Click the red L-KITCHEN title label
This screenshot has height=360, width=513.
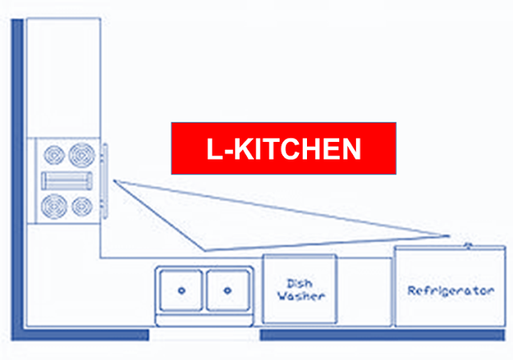284,148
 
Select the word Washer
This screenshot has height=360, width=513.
301,296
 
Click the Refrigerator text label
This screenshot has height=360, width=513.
450,290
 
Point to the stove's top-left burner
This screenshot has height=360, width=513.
54,153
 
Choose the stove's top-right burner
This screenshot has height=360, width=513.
81,152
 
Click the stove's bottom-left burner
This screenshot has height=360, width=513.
55,206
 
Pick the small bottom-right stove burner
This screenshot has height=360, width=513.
81,206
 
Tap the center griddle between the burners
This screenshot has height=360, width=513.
68,180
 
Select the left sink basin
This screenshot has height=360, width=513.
180,290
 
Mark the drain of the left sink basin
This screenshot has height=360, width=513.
180,290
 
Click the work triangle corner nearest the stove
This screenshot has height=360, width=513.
115,181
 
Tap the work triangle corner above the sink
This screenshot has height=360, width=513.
205,249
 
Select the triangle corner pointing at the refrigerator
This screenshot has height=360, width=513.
446,235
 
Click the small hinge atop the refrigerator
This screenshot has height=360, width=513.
467,242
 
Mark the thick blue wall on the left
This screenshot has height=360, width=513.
16,176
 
